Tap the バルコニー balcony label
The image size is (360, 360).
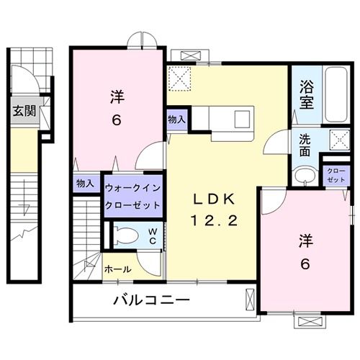click(x=150, y=300)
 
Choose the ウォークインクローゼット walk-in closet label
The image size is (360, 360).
click(x=132, y=195)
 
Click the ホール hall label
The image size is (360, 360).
click(x=117, y=269)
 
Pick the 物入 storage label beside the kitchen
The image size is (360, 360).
click(x=176, y=120)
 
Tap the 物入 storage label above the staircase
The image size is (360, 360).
click(x=86, y=184)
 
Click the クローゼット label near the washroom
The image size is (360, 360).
click(x=335, y=174)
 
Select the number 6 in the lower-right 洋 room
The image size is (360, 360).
click(x=305, y=264)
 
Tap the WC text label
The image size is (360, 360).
click(x=153, y=236)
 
